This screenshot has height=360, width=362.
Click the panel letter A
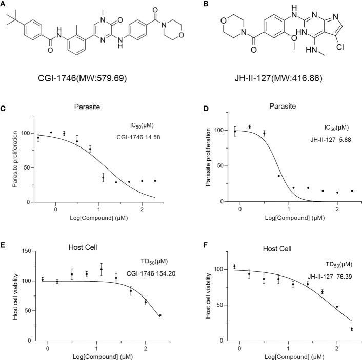click(x=4, y=5)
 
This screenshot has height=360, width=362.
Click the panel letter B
click(x=191, y=5)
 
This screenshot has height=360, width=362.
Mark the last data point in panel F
click(x=351, y=329)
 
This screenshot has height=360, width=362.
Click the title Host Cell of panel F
click(x=277, y=249)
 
